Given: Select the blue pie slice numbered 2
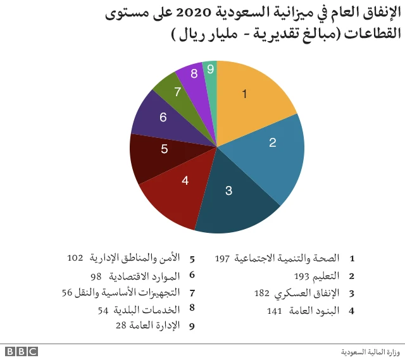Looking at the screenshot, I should click(x=269, y=149).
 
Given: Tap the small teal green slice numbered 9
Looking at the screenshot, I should click(x=210, y=69).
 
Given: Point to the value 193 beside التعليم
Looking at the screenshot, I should click(x=301, y=276).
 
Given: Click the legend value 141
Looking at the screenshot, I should click(x=274, y=310).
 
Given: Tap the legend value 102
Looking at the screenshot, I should click(x=75, y=258).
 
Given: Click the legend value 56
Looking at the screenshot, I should click(x=68, y=293).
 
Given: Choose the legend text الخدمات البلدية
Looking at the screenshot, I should click(x=148, y=310).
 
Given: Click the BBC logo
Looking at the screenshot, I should click(x=21, y=351).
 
